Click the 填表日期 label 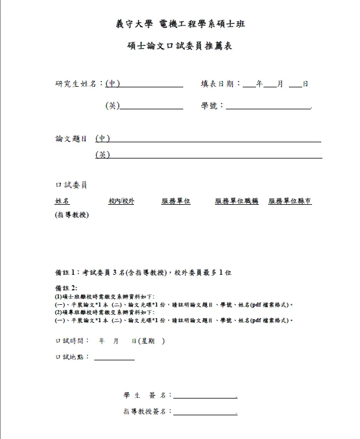pos(219,84)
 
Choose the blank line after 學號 pos(269,106)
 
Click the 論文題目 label pos(71,139)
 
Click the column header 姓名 pos(62,201)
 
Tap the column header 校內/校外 pos(121,201)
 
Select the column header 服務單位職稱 pos(236,201)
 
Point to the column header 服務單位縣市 pos(290,201)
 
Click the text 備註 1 pos(66,271)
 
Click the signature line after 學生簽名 pos(205,396)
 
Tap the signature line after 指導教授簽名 pos(205,412)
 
